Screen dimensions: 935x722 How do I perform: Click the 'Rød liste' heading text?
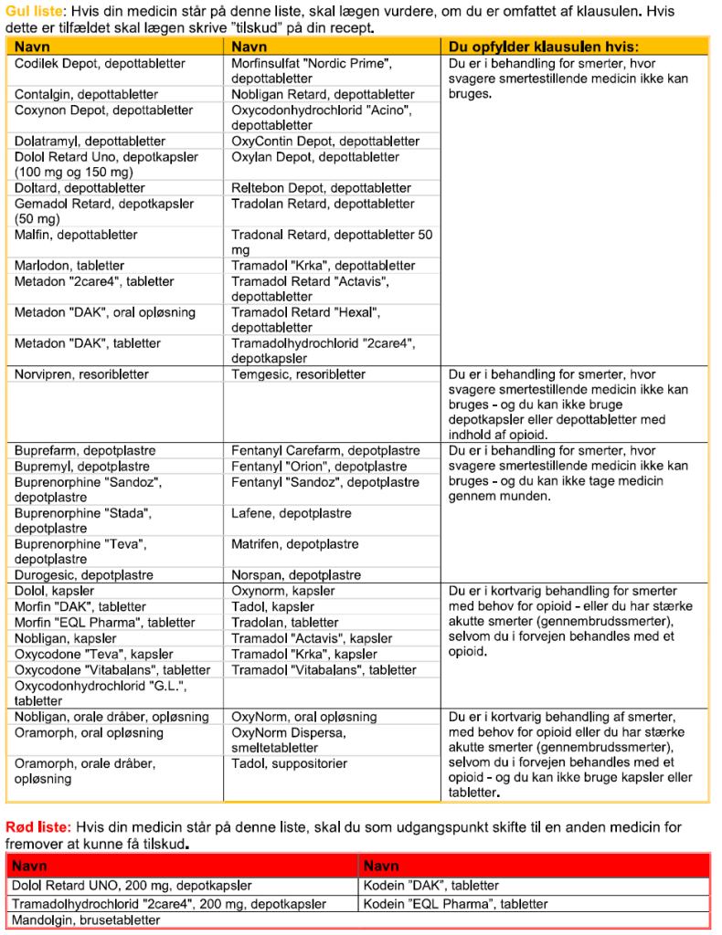pos(36,828)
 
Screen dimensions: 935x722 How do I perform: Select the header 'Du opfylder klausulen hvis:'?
pos(544,47)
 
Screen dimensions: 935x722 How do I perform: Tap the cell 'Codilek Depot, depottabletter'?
pos(100,64)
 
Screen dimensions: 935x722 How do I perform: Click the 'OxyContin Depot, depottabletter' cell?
pos(325,142)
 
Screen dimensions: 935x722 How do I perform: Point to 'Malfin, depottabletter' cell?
pos(76,235)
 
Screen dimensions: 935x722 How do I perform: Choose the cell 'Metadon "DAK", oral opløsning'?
pos(105,312)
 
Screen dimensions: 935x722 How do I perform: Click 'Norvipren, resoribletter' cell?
pos(81,374)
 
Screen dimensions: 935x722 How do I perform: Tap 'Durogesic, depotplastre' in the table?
pos(83,575)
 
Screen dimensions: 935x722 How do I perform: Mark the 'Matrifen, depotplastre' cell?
pos(295,544)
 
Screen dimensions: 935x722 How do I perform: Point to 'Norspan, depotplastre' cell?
pos(296,575)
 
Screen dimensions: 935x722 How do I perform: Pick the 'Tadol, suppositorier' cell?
pos(289,763)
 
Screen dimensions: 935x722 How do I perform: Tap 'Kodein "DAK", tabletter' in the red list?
pos(431,885)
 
